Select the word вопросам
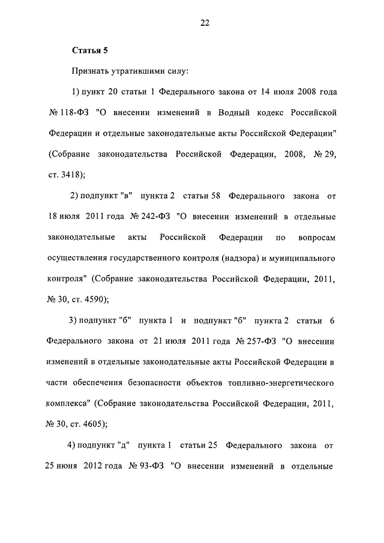(316, 237)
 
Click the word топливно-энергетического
(280, 382)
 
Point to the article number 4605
(94, 423)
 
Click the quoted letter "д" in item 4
(125, 445)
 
